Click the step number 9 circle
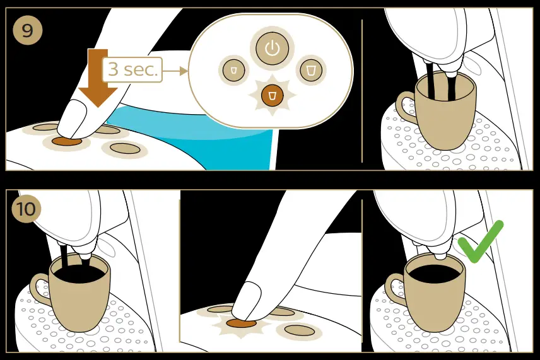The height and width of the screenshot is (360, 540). pyautogui.click(x=26, y=31)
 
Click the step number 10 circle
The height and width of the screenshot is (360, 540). pyautogui.click(x=26, y=208)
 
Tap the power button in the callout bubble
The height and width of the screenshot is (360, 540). pyautogui.click(x=272, y=48)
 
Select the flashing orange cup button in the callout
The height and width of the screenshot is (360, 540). pyautogui.click(x=272, y=95)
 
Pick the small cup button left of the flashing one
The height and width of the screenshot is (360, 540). pyautogui.click(x=233, y=70)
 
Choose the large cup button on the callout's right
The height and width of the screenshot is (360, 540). pyautogui.click(x=310, y=70)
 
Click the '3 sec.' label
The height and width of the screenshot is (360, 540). pyautogui.click(x=132, y=70)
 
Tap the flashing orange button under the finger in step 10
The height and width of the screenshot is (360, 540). pyautogui.click(x=240, y=323)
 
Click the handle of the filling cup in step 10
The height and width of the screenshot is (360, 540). pyautogui.click(x=39, y=290)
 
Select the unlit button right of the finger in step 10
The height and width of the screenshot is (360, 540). pyautogui.click(x=299, y=330)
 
